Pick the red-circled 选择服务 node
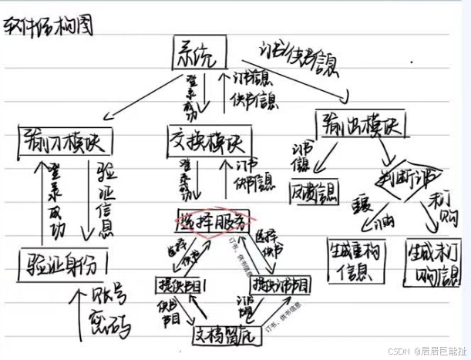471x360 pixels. tap(213, 221)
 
